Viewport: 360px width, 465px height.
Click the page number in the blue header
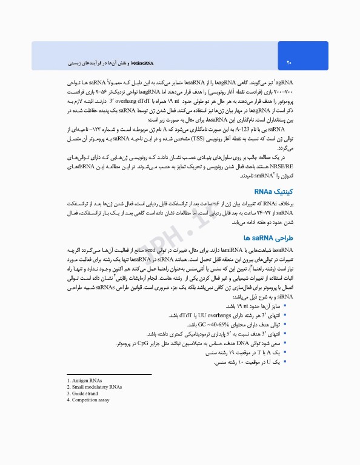(x=289, y=62)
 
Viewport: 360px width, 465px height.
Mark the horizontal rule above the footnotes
(x=109, y=375)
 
